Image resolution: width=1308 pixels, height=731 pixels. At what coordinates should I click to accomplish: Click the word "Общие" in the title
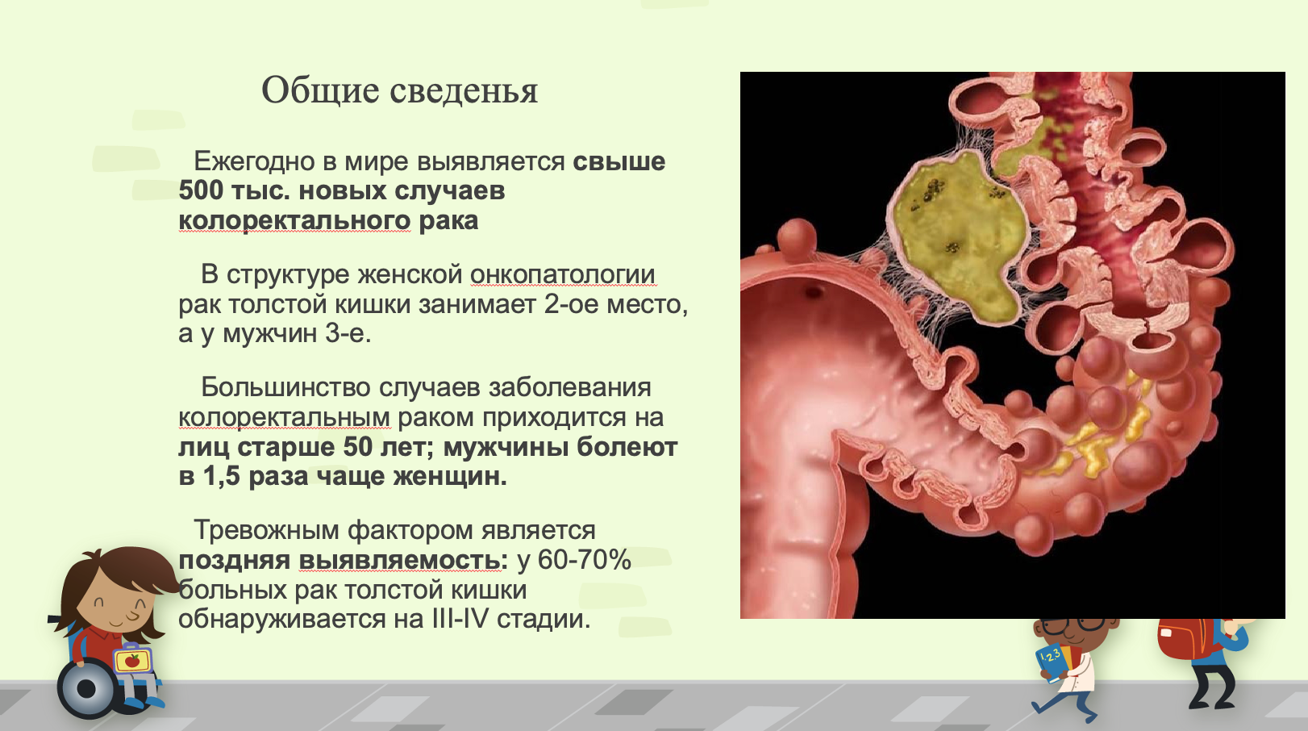tap(320, 90)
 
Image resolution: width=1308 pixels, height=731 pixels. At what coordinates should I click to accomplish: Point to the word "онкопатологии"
tap(564, 274)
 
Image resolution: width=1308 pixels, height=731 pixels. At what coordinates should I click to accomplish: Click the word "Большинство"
tap(285, 388)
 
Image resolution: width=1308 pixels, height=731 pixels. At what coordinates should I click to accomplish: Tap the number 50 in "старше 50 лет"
tap(358, 447)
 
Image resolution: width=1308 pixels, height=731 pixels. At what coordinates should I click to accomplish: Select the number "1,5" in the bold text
tap(221, 476)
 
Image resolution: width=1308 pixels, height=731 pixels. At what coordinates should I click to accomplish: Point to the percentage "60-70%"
tap(585, 560)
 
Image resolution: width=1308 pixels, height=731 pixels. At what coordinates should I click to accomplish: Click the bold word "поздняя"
tap(234, 561)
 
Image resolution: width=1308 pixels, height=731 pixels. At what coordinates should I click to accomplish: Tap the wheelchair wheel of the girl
tap(86, 690)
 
